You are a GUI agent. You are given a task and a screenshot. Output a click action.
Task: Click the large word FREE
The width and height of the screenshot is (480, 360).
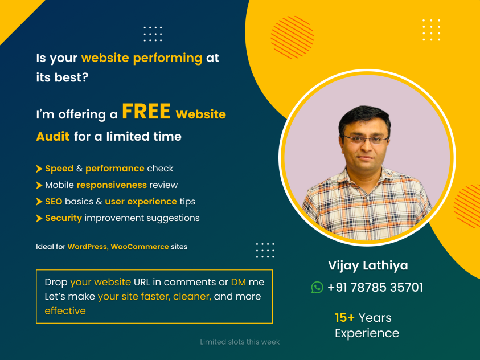pos(146,111)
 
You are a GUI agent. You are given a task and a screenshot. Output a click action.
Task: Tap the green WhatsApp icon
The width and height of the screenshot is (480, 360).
pos(317,288)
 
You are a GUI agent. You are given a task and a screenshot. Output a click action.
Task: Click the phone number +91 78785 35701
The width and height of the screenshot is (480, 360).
pos(375,288)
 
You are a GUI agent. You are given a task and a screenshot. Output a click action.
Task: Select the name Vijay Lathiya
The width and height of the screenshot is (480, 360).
pos(368,265)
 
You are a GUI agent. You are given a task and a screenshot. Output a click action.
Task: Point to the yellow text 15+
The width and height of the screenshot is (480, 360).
pos(344,318)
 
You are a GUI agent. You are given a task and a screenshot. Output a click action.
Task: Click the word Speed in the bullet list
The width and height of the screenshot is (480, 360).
pos(59,169)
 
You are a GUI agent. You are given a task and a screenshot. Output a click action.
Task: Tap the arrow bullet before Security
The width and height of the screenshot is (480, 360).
pos(39,218)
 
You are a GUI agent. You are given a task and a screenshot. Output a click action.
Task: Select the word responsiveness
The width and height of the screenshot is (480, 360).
pos(112,185)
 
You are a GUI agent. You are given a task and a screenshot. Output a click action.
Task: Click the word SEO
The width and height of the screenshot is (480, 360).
pos(54,202)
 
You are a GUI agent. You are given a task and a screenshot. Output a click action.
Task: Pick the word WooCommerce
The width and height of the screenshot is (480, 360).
pos(140,247)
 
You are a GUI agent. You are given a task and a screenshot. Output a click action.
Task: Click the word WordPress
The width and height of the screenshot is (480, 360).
pos(87,247)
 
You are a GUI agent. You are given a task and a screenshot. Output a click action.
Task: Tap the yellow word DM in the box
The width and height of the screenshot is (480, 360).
pos(239,282)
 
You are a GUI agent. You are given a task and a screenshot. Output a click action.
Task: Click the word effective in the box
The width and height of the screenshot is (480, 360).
pos(65,310)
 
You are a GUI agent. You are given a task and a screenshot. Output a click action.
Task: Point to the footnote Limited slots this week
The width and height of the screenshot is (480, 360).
pos(240,342)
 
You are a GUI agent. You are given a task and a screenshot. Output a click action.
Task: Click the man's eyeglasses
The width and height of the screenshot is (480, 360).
pos(366,140)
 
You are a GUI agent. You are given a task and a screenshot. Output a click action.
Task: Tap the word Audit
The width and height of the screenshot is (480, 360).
pos(52,137)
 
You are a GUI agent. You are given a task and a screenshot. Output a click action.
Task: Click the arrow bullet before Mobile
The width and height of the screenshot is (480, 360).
pos(39,185)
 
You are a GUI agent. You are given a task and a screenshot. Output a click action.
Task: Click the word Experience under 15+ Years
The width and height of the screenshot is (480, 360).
pos(367,333)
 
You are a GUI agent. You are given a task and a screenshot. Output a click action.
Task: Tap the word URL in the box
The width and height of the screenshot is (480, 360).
pos(142,282)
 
